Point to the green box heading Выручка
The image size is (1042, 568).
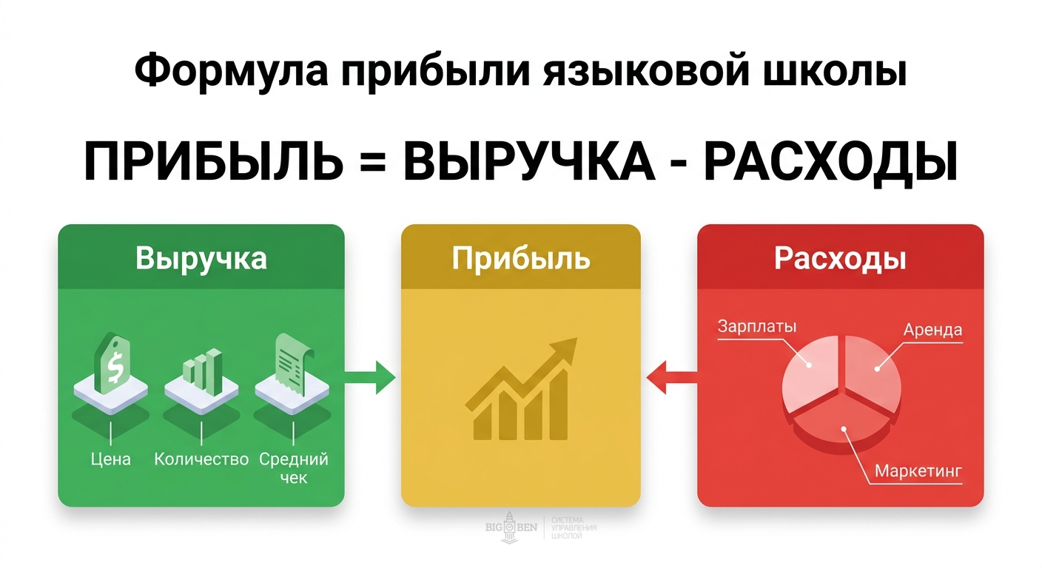201,259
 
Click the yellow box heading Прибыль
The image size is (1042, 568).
521,258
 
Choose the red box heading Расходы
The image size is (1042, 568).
840,258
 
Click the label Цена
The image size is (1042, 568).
111,459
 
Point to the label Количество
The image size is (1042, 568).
201,459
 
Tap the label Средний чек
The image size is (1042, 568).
294,468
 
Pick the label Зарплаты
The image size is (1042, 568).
757,326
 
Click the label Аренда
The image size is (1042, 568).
932,330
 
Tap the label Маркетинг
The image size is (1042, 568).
918,470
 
